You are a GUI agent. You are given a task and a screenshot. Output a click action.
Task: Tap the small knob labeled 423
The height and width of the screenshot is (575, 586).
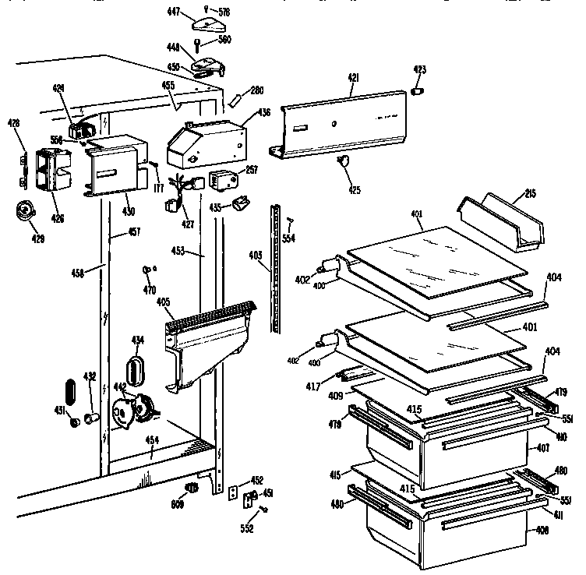(418, 92)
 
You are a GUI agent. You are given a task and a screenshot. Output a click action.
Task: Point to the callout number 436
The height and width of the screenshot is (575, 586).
(264, 112)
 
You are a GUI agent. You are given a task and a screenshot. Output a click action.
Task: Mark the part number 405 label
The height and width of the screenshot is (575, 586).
(164, 302)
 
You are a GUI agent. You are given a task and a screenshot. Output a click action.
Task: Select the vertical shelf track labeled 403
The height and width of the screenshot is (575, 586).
(275, 269)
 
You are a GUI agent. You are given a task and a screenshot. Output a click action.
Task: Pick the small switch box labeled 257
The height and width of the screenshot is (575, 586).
(228, 178)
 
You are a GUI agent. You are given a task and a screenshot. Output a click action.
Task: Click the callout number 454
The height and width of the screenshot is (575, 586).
(153, 440)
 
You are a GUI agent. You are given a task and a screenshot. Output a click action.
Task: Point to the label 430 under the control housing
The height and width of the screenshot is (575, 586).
(128, 211)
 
